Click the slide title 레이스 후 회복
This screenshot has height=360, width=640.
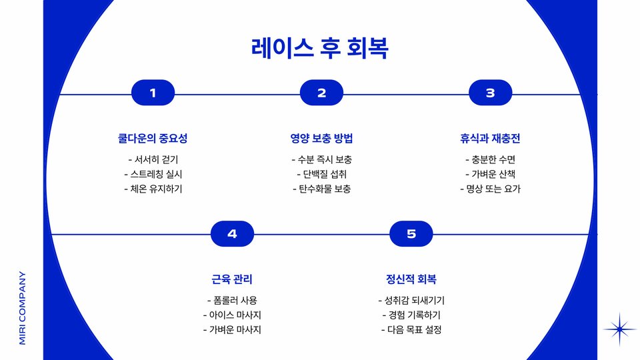point(320,49)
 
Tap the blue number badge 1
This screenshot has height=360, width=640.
point(153,93)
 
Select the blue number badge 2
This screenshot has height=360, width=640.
point(321,93)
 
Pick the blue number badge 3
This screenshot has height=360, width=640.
point(490,93)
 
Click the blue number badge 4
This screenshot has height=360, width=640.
point(232,233)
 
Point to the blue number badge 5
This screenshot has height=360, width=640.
point(411,233)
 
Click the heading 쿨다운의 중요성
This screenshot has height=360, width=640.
point(153,139)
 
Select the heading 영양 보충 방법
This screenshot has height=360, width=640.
point(321,139)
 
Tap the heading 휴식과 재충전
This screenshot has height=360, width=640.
point(490,139)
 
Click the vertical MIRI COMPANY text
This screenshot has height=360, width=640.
point(23,307)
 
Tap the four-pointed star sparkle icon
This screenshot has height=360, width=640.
point(620,329)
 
